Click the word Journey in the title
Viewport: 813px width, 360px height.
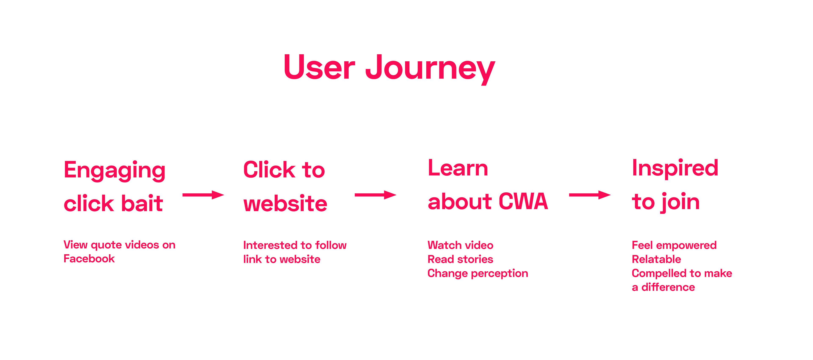(x=430, y=69)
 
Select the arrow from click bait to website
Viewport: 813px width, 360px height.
(x=203, y=195)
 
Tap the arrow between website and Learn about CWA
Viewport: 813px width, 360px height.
(x=376, y=195)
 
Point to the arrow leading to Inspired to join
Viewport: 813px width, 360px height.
(x=590, y=195)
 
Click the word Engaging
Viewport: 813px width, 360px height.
(x=115, y=171)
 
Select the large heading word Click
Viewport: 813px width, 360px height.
(x=269, y=170)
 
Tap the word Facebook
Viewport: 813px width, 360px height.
(x=89, y=259)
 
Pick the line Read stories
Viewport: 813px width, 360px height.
(x=460, y=259)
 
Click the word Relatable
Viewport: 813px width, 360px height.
(x=657, y=259)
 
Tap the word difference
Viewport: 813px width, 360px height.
(x=668, y=287)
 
